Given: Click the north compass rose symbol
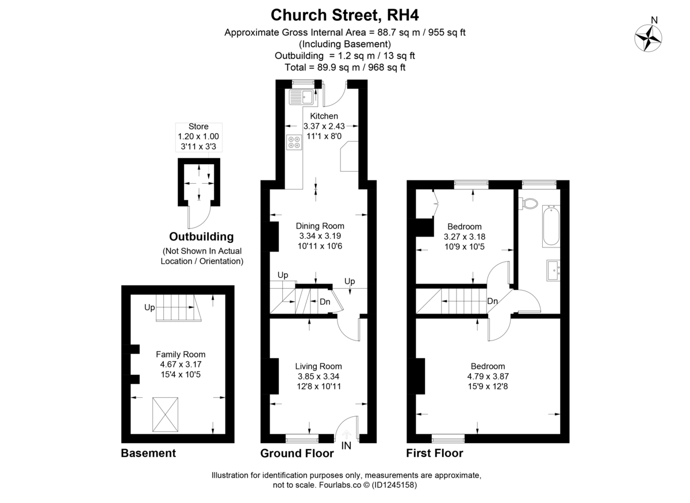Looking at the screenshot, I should pos(648,38).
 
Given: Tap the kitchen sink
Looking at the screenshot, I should pos(302,97).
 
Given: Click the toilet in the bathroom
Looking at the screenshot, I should pos(528,203).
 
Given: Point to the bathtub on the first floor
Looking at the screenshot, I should pos(550,227).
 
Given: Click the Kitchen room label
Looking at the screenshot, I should pos(324,116).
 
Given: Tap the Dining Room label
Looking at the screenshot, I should pos(320,226).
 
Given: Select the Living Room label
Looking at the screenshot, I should pos(319,366).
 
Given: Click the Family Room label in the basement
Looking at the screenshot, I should pos(181,354).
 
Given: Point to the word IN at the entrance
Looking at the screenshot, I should pos(346,446).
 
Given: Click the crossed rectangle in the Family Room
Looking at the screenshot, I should pos(165,414).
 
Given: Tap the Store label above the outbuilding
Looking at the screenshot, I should pos(198,126).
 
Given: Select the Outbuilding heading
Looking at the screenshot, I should pos(201,237).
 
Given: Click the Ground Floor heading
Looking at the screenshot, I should pos(297,454).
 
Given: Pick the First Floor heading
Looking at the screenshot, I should pos(434,454).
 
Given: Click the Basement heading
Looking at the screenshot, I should pos(148,454).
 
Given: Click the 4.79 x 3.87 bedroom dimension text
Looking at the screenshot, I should pos(488,377).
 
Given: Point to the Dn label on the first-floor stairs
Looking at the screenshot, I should pos(492,301).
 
